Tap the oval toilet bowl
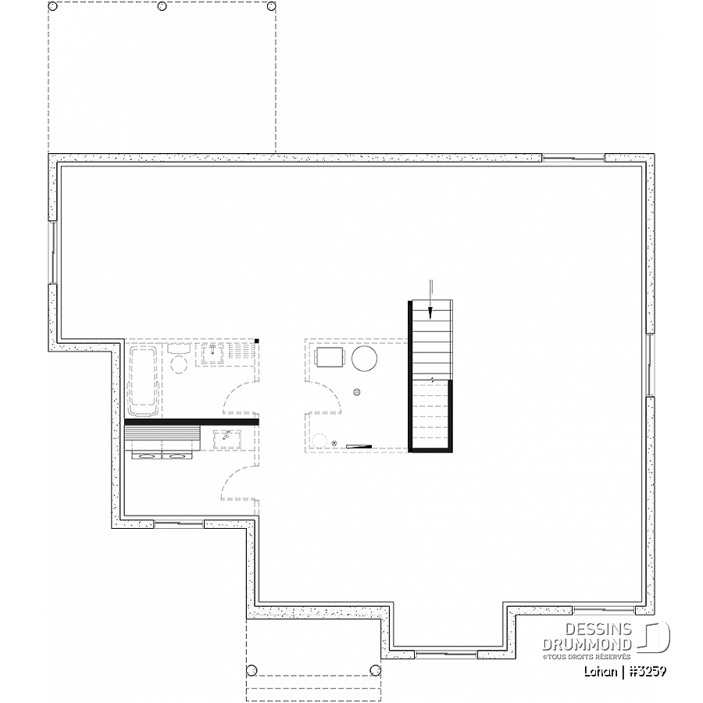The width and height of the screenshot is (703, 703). point(179,365)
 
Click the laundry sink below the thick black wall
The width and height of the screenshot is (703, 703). point(227,438)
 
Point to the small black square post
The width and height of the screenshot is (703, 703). point(257,341)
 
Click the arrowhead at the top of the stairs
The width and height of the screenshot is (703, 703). point(430,314)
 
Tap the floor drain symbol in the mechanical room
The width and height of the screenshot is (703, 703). point(357,392)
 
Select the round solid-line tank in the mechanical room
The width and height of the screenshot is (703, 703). point(365,358)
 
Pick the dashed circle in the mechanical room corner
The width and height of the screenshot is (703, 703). point(319,441)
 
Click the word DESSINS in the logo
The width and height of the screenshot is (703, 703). point(598,629)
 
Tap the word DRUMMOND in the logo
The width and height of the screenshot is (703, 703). point(587,644)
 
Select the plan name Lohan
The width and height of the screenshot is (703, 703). point(601,671)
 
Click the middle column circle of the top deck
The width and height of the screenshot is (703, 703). point(162,6)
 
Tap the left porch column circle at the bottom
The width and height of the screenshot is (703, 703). point(252,670)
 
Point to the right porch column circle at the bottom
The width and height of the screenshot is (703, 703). point(375,670)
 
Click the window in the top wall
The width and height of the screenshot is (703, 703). point(573,158)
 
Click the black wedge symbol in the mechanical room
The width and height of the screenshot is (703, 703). point(359,446)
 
